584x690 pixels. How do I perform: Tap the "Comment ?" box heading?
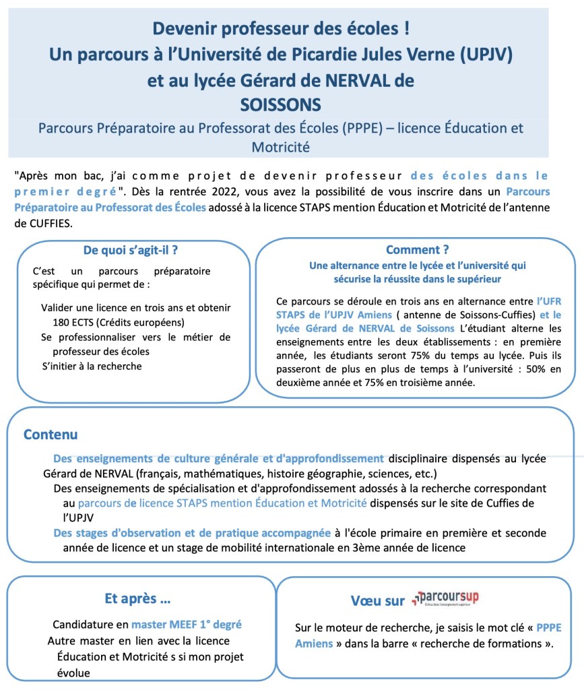(417, 250)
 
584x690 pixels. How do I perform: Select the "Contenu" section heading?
(51, 435)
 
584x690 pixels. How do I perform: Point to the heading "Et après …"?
(137, 598)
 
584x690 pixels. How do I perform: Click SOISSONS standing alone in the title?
(281, 104)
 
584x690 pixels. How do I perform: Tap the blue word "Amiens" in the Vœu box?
(314, 644)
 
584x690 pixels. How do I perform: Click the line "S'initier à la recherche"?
(92, 366)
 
